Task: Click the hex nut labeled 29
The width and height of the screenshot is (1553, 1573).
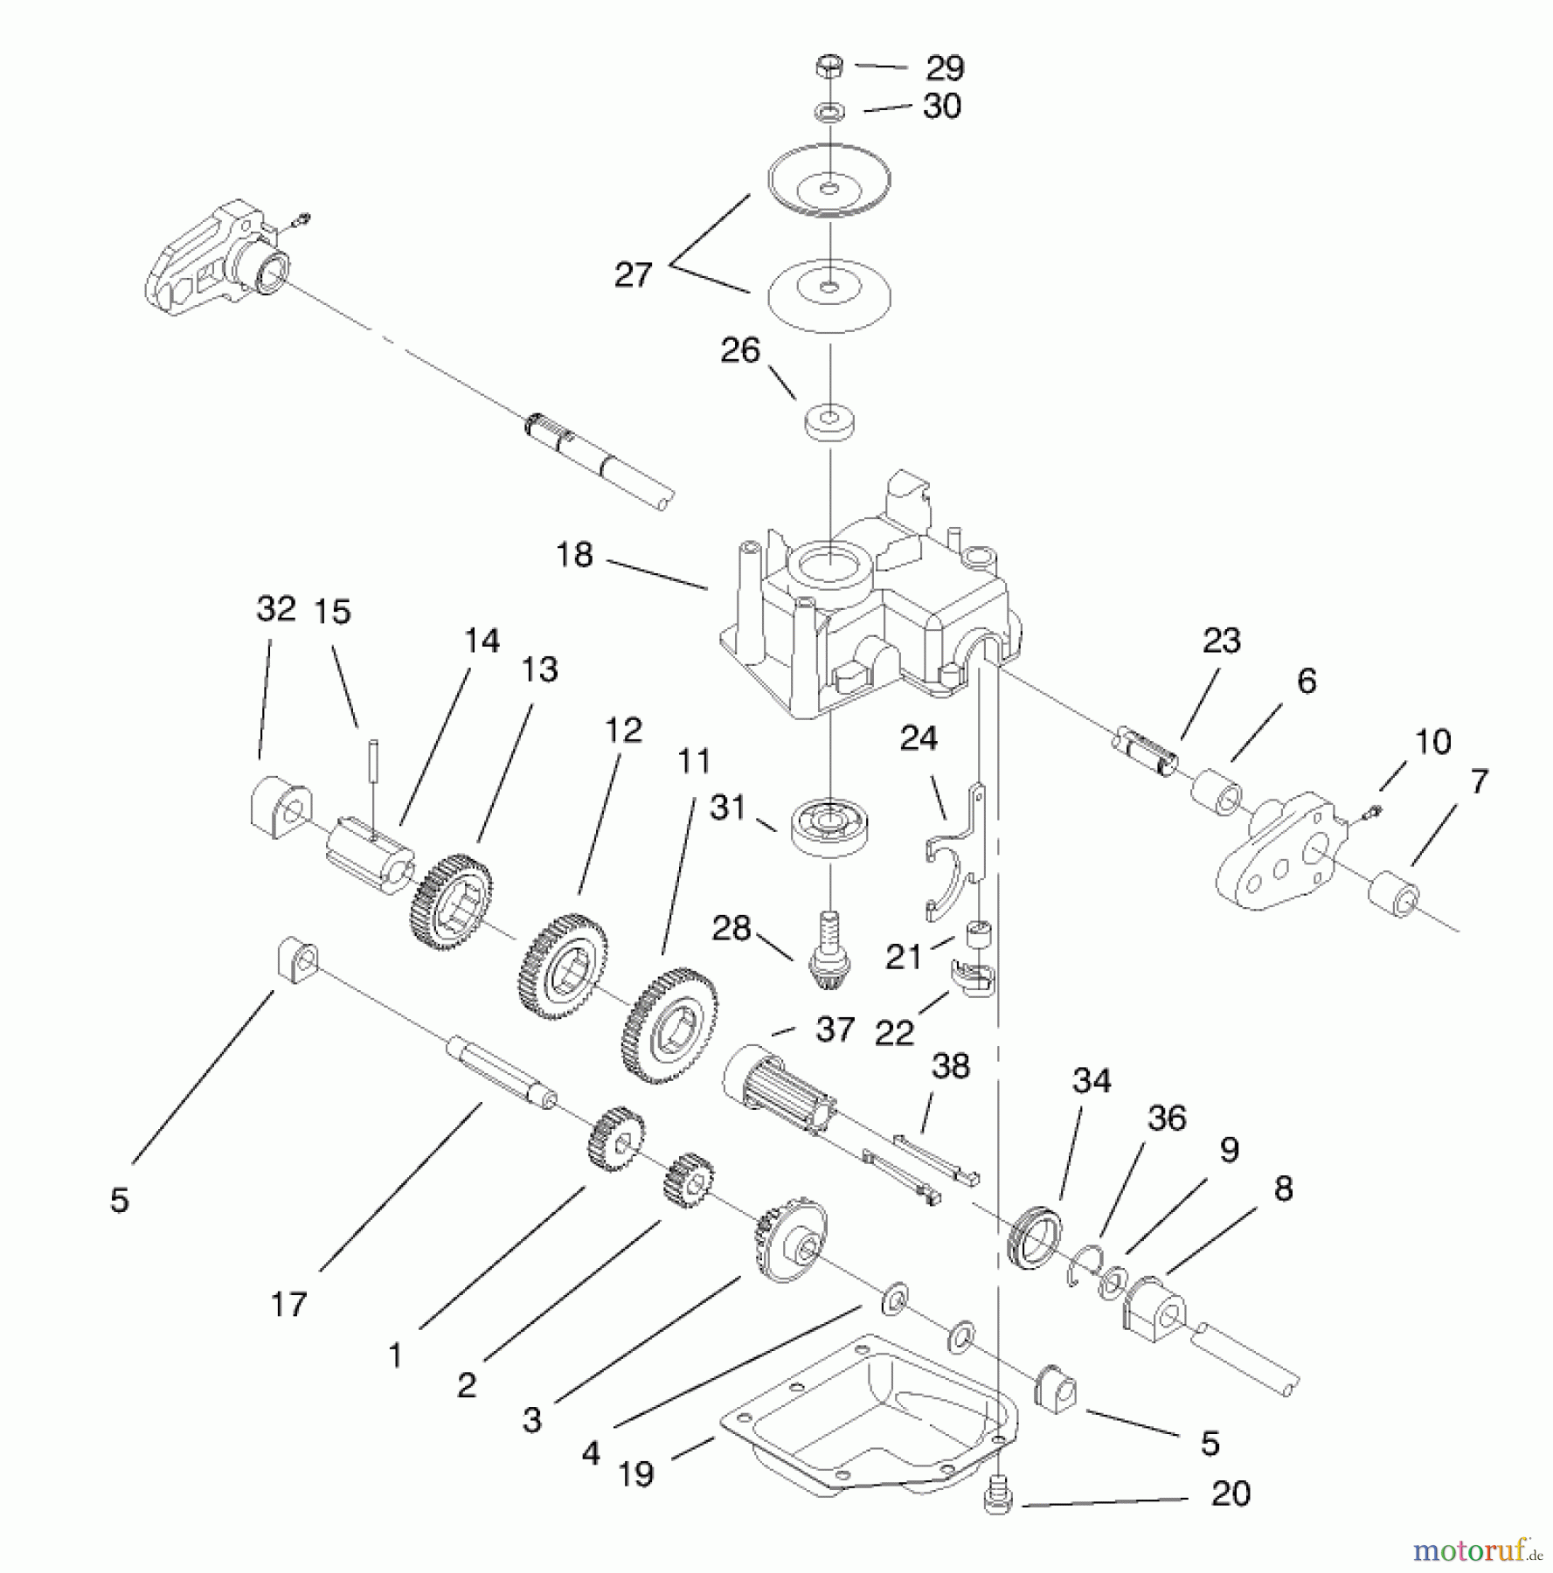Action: point(828,66)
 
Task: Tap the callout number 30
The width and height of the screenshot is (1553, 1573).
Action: point(941,107)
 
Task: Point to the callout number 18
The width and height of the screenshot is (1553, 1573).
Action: point(574,555)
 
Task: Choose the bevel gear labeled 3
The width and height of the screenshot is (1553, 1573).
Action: point(787,1243)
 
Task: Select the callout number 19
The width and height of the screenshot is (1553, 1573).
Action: point(635,1475)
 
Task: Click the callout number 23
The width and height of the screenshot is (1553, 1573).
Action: point(1221,641)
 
